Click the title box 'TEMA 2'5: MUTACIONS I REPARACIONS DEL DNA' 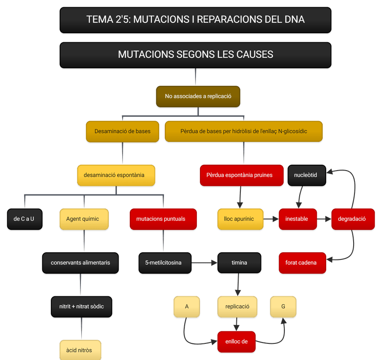click(195, 20)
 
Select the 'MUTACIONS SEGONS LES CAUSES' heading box click(195, 54)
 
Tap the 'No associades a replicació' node click(198, 96)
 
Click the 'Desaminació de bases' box click(122, 132)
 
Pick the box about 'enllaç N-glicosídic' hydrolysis click(244, 132)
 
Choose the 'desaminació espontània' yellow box click(117, 175)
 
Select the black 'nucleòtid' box click(306, 175)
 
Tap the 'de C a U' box click(24, 219)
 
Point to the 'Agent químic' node click(84, 219)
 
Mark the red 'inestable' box click(297, 219)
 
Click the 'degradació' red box click(352, 219)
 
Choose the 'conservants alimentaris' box click(80, 263)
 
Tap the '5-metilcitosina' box click(164, 263)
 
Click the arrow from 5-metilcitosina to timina click(204, 263)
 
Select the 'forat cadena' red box click(301, 263)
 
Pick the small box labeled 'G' click(283, 307)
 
